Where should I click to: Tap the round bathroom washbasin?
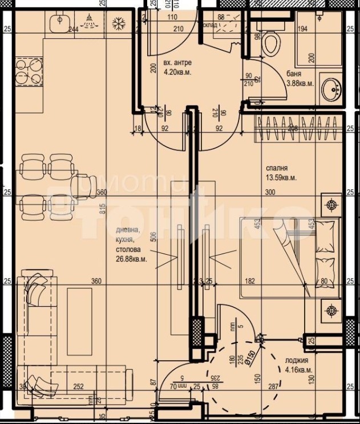(x=331, y=90)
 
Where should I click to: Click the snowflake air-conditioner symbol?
(x=118, y=23)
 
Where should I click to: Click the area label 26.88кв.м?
(x=132, y=258)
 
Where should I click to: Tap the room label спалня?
(x=276, y=168)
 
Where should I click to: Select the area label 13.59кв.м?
(x=281, y=177)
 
